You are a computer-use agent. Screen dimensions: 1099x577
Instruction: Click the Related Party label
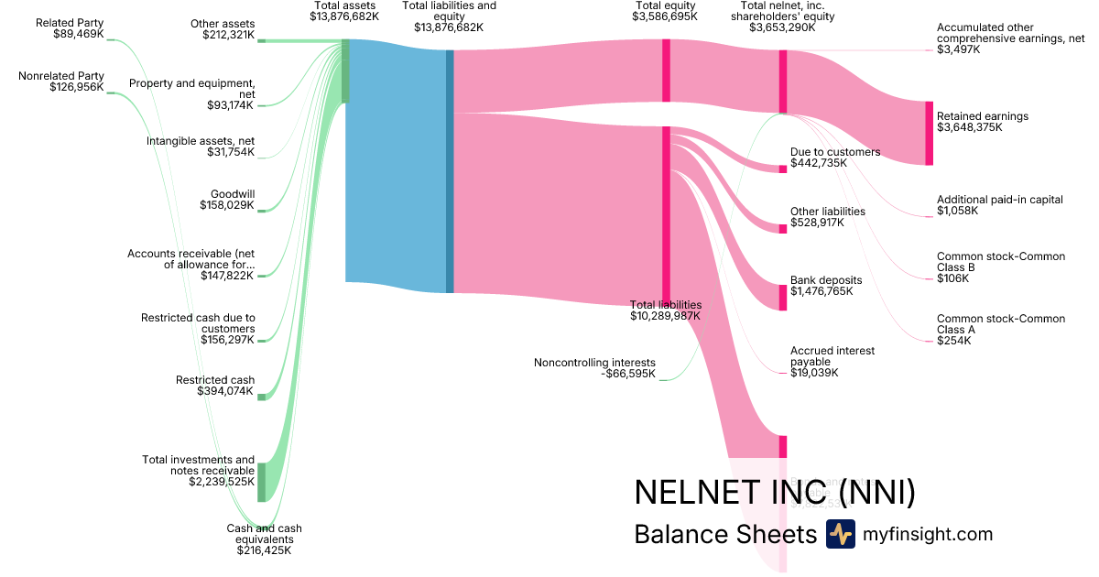(70, 22)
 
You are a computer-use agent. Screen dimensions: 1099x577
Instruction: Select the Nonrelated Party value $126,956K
(78, 87)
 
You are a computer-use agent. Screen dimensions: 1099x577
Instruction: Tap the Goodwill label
(233, 194)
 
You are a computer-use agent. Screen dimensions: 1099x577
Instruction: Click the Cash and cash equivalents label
(264, 539)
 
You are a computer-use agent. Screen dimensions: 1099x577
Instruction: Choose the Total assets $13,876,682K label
(344, 11)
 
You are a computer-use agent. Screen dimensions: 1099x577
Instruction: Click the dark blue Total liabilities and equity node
(450, 170)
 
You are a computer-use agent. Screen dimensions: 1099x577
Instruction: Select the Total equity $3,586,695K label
(666, 11)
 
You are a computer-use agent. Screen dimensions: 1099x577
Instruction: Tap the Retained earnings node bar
(929, 133)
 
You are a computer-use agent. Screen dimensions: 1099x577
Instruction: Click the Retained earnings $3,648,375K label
(982, 122)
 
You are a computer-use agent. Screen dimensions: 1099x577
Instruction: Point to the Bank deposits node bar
(783, 298)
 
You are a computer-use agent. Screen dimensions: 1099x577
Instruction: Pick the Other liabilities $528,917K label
(827, 217)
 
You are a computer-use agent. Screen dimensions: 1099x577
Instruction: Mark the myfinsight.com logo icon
(840, 534)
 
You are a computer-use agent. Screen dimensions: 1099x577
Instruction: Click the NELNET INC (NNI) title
(774, 492)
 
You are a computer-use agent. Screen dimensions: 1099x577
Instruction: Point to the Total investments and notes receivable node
(261, 482)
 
